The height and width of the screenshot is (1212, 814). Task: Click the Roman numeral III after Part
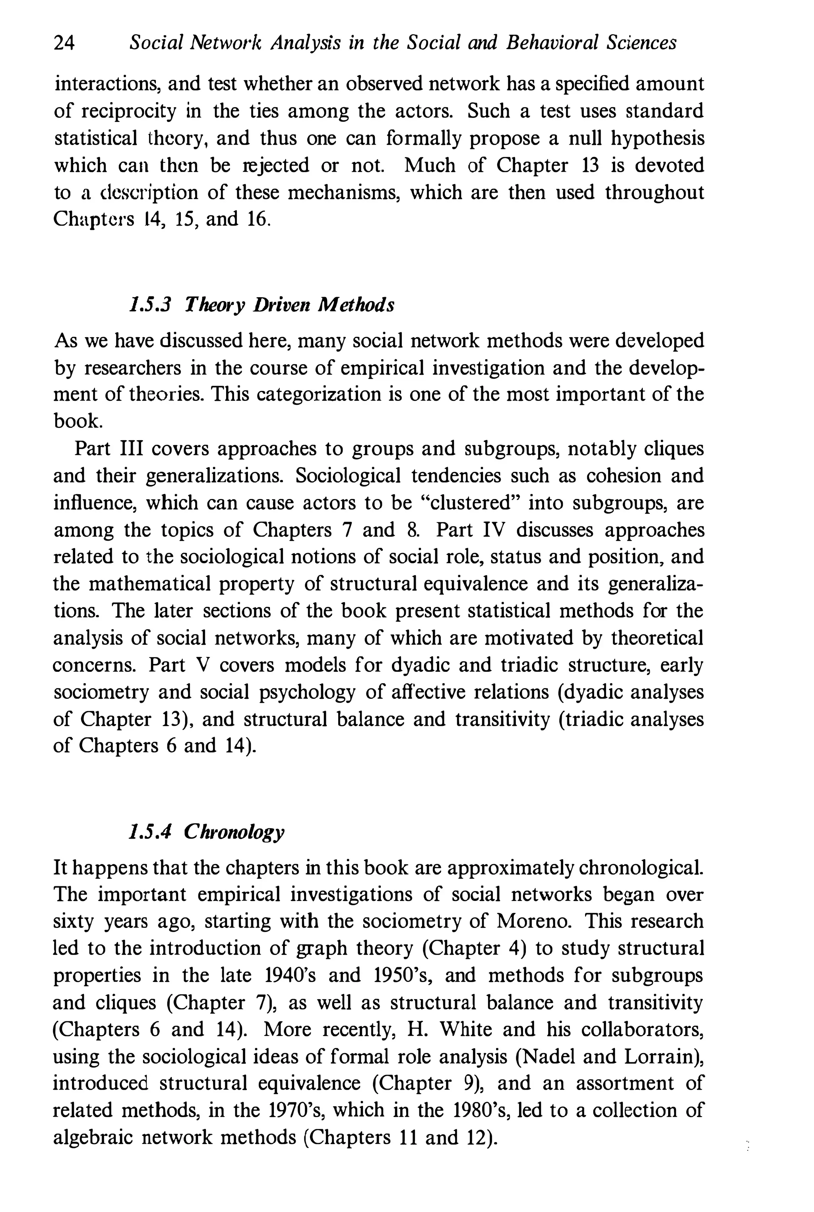pyautogui.click(x=136, y=449)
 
